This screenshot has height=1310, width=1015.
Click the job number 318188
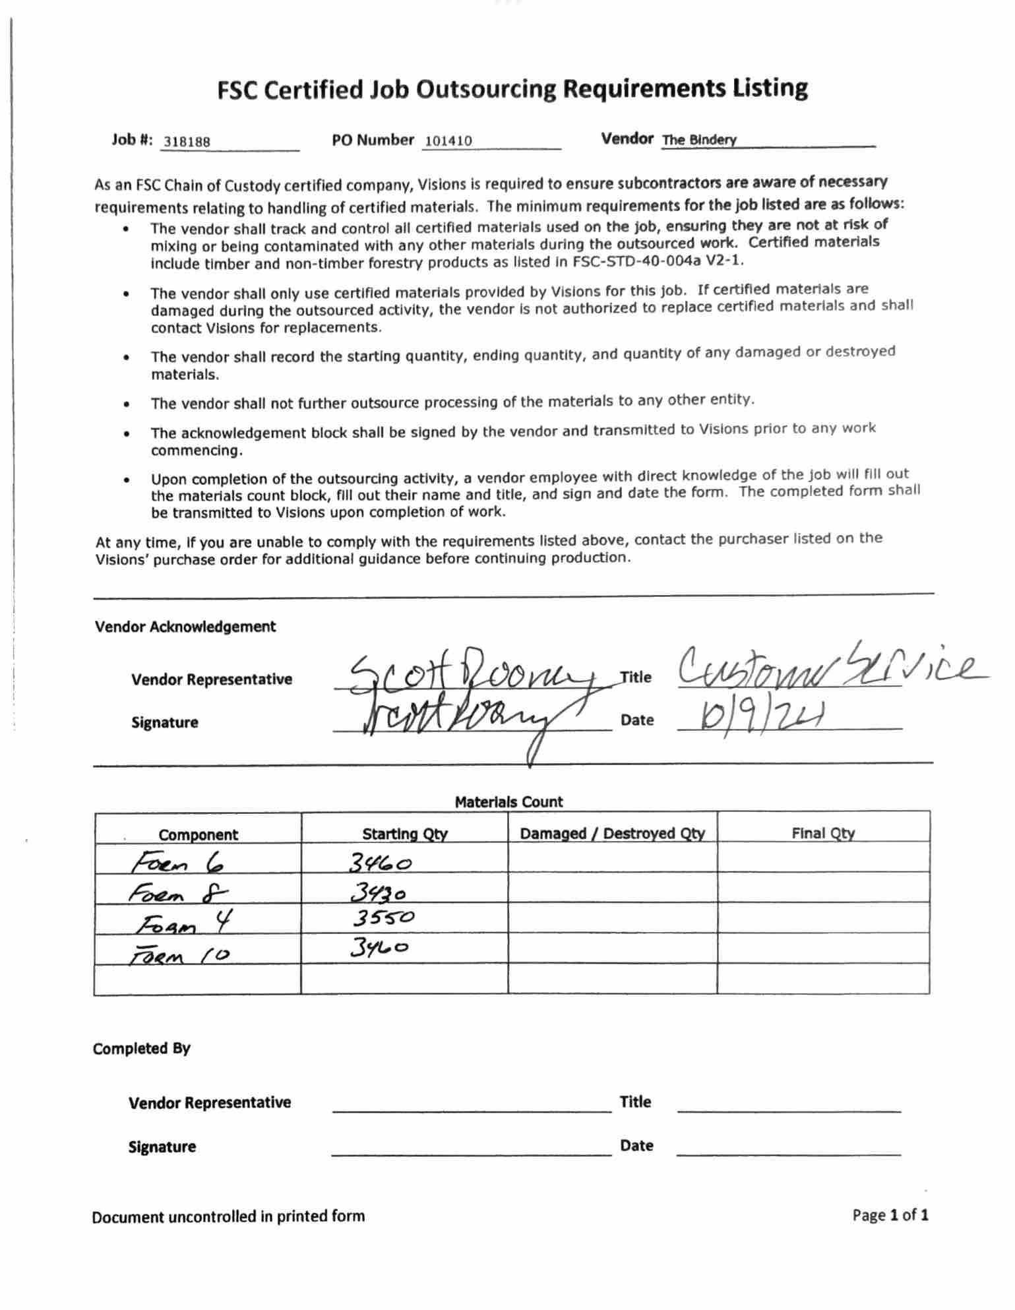187,142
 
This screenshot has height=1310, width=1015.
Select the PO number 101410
448,140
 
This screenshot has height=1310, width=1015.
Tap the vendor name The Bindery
699,140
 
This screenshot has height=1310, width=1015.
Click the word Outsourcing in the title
485,90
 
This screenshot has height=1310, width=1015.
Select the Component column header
198,834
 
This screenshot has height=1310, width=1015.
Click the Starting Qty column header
404,834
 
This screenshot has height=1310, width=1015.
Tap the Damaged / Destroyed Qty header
612,833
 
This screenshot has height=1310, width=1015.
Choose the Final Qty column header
822,833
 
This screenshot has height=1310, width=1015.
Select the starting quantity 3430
378,892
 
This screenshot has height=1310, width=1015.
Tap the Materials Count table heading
508,802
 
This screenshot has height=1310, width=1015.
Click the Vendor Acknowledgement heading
185,627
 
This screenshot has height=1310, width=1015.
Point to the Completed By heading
141,1049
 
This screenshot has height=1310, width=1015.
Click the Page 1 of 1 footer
890,1215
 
